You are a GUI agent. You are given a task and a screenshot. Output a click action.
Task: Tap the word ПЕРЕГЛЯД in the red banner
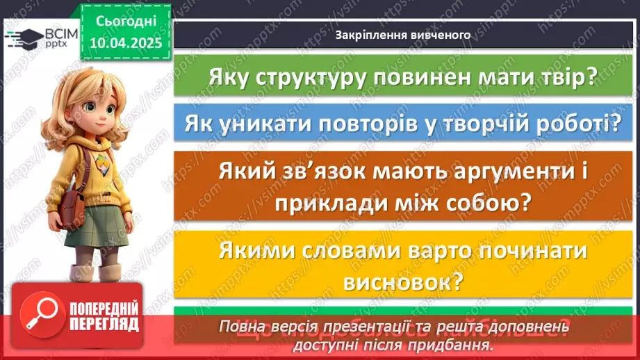[104, 323]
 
